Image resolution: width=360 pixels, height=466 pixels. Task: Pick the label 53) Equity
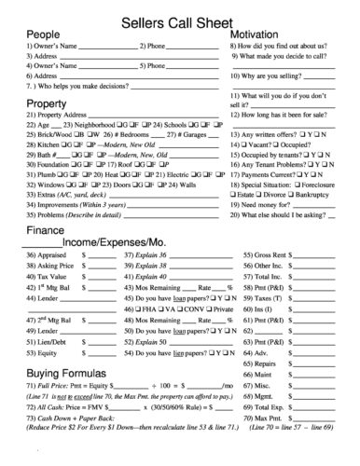(42, 353)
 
